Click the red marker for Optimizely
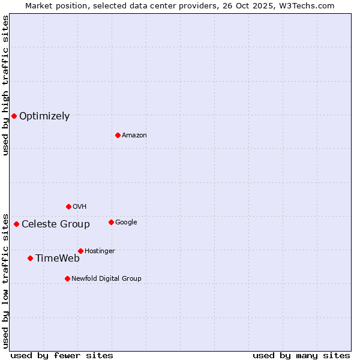click(14, 116)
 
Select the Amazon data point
click(118, 135)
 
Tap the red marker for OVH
click(68, 206)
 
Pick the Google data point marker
click(111, 222)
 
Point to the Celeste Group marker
click(16, 224)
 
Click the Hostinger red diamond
click(80, 251)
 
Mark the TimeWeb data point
click(30, 258)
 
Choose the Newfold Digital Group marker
click(67, 278)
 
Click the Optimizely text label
click(44, 116)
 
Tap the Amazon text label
click(134, 135)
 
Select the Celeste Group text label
click(56, 224)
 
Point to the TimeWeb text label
click(58, 259)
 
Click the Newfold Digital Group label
click(106, 278)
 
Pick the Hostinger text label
click(100, 251)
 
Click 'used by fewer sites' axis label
click(62, 355)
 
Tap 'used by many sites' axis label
click(301, 355)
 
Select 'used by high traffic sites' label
click(5, 85)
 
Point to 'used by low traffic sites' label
click(5, 281)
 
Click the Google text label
click(126, 222)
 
